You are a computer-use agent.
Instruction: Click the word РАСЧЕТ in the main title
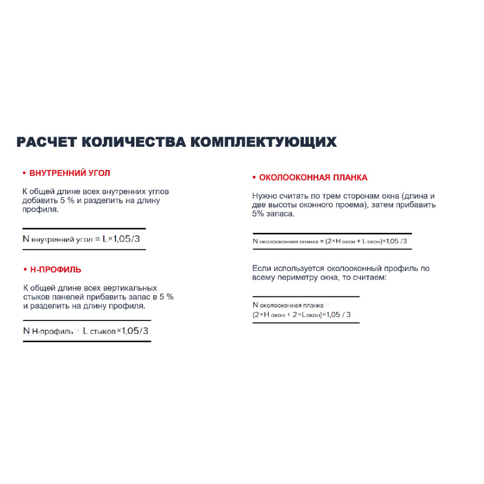(46, 142)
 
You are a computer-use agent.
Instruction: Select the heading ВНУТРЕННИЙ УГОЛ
(70, 173)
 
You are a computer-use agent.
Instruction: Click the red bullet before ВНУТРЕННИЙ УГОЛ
(24, 173)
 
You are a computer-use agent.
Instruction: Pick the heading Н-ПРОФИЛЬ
(56, 269)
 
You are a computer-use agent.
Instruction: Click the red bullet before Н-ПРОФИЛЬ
(25, 269)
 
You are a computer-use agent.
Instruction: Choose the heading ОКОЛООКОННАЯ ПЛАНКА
(313, 177)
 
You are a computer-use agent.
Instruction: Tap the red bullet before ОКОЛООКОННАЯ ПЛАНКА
(254, 177)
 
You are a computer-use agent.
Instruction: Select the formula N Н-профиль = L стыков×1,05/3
(86, 331)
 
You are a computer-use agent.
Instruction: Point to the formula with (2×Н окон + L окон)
(330, 241)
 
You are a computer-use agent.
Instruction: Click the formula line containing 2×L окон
(301, 315)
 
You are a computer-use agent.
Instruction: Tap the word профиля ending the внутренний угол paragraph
(40, 209)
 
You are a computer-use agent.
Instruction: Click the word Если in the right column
(262, 268)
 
